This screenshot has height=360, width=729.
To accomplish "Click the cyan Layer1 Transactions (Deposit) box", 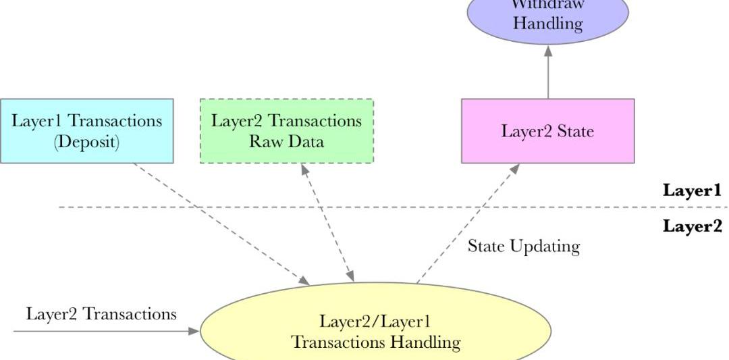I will pyautogui.click(x=86, y=131).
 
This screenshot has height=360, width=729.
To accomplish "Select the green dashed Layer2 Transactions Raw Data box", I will pyautogui.click(x=286, y=131).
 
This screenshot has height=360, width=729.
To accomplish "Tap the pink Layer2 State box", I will pyautogui.click(x=547, y=131).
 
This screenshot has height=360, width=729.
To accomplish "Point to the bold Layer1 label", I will pyautogui.click(x=692, y=190).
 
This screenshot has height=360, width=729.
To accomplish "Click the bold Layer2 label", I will pyautogui.click(x=692, y=226).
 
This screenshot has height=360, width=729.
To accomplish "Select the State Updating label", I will pyautogui.click(x=523, y=247).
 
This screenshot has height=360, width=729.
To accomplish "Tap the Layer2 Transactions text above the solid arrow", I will pyautogui.click(x=101, y=314).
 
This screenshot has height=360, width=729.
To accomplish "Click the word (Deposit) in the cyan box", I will pyautogui.click(x=86, y=143).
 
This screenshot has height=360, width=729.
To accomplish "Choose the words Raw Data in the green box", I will pyautogui.click(x=286, y=142).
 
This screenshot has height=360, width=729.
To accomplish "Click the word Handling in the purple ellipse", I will pyautogui.click(x=547, y=24).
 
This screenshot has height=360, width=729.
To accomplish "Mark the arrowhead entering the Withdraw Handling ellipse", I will pyautogui.click(x=547, y=49).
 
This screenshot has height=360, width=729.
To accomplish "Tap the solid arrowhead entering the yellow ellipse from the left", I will pyautogui.click(x=194, y=331).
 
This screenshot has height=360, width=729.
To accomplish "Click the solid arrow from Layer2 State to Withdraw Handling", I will pyautogui.click(x=547, y=74).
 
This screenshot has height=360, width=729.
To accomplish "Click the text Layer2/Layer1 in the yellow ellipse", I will pyautogui.click(x=375, y=320).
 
